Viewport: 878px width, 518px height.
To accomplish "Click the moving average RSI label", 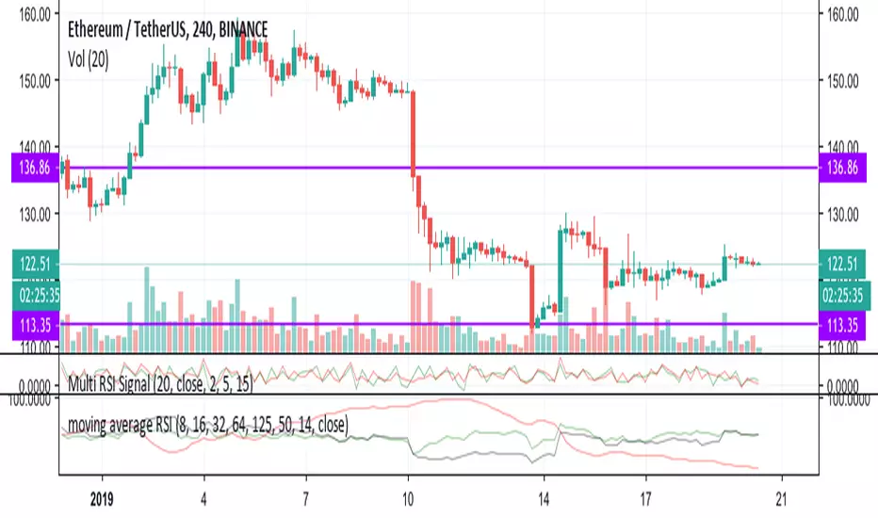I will (207, 425).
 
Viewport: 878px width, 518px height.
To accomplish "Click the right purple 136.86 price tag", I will (846, 168).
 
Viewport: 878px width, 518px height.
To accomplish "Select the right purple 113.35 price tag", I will (846, 325).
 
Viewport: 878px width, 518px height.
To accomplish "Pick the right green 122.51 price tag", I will (846, 264).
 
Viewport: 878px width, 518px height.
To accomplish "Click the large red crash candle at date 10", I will (413, 132).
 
